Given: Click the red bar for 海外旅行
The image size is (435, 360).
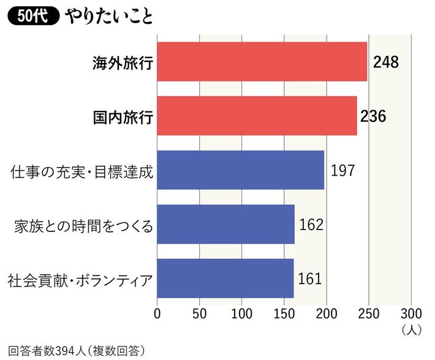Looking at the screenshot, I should (x=262, y=62).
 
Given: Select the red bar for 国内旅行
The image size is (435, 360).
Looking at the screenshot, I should (x=257, y=116).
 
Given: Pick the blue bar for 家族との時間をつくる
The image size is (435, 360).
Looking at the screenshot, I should (x=226, y=224).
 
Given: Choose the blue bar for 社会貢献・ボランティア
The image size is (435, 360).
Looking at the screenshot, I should (x=225, y=278).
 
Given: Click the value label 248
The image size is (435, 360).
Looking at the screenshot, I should (x=385, y=62).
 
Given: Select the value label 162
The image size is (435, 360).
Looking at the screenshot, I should (x=311, y=224).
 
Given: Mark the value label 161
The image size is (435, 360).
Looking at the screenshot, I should (x=310, y=278).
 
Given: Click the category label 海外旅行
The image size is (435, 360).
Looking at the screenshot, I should (x=122, y=62).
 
